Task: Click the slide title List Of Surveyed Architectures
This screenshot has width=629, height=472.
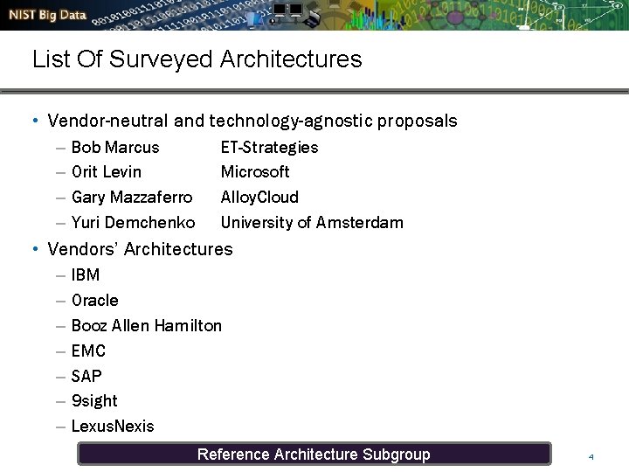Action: (x=197, y=59)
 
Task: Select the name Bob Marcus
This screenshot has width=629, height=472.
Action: (x=115, y=147)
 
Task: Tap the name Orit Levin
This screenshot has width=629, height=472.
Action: (x=106, y=171)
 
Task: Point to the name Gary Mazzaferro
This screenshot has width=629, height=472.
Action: (x=131, y=197)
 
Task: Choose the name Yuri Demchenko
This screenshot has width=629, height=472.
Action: (x=133, y=222)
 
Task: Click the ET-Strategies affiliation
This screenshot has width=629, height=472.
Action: (x=269, y=147)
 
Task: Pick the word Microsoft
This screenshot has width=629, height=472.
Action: (x=255, y=171)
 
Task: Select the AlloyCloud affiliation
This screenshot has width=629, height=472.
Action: (x=259, y=197)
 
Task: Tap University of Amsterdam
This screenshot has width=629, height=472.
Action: (x=312, y=222)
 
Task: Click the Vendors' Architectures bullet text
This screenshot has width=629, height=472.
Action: (x=140, y=249)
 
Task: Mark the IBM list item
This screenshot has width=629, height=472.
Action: (x=86, y=274)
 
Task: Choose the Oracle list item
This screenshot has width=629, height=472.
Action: (x=94, y=300)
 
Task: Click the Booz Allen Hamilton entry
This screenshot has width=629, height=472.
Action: (x=146, y=325)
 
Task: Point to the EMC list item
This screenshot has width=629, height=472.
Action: (x=88, y=351)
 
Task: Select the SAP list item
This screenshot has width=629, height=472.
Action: (x=86, y=376)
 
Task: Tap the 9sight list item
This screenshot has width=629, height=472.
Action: (x=94, y=400)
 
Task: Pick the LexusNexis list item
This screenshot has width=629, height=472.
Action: (x=112, y=426)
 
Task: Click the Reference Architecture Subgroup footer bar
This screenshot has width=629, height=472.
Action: (x=314, y=454)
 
